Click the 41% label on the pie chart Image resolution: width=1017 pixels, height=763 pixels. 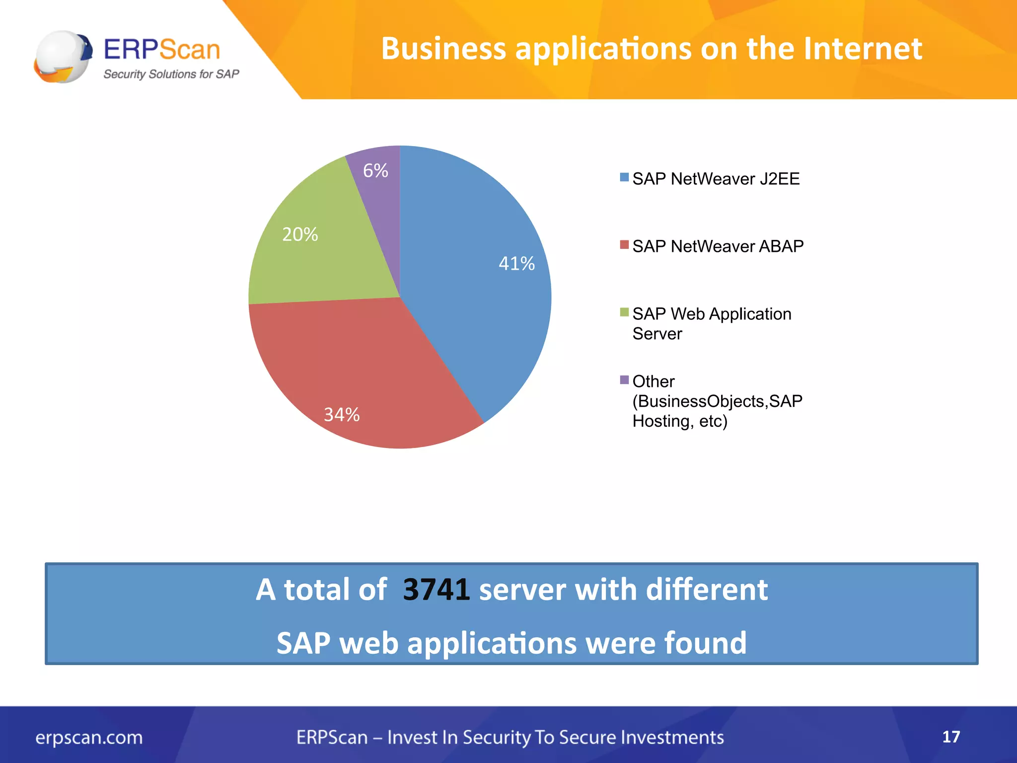[516, 263]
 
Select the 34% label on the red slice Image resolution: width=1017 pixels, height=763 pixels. [342, 414]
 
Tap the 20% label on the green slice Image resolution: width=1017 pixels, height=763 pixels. [300, 234]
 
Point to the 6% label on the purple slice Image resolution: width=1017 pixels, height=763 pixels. [375, 170]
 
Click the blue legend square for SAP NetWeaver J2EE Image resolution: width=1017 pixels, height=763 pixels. [624, 177]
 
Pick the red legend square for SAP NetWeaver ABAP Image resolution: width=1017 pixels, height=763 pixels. [624, 245]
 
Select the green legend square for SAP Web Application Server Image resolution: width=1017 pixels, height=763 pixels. [624, 312]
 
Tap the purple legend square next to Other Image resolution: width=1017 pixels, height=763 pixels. [624, 380]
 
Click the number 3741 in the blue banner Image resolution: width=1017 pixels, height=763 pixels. [436, 590]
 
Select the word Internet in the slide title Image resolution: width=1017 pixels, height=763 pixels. [862, 49]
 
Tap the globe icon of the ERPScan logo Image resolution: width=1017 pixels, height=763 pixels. [63, 56]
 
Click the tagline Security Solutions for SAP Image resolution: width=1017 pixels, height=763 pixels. [171, 74]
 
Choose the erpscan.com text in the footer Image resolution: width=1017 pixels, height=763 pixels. [89, 737]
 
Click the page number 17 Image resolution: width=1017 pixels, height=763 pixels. [951, 737]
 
